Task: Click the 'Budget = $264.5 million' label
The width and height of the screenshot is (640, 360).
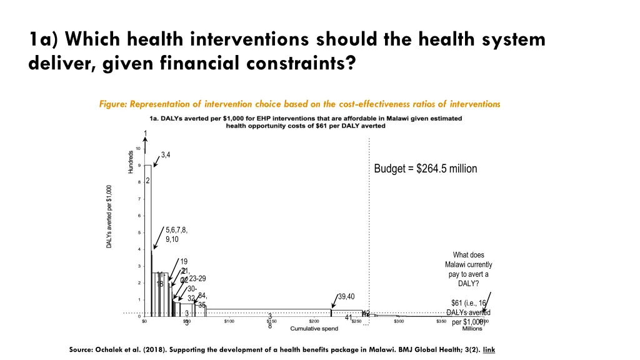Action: (425, 169)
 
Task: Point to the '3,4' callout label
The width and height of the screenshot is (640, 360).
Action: (166, 154)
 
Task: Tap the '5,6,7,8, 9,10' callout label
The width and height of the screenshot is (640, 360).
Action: (176, 234)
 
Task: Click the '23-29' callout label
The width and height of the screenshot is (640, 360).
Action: (197, 279)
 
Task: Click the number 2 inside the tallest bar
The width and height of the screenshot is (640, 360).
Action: (147, 181)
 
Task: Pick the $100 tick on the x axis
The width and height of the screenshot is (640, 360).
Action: (229, 321)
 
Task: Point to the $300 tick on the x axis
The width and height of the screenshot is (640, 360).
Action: (398, 321)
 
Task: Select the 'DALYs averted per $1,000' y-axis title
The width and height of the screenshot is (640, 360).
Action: (109, 216)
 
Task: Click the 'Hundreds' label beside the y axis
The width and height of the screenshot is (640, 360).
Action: (131, 162)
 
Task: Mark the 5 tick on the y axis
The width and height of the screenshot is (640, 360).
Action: (138, 232)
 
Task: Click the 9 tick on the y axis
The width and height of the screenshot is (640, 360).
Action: (138, 165)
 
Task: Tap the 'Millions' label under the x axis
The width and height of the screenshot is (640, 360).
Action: (472, 329)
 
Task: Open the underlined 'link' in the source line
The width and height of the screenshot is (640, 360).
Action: (489, 350)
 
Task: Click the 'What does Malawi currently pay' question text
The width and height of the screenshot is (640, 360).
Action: (469, 269)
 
